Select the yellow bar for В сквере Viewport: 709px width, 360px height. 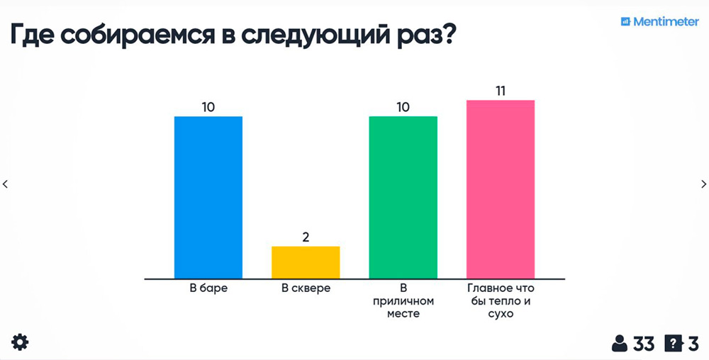(306, 262)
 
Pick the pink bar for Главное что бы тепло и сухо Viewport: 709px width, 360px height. (500, 189)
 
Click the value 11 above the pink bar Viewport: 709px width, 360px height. (500, 91)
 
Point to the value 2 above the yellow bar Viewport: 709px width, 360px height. (306, 237)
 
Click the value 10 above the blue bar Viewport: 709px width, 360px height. (208, 107)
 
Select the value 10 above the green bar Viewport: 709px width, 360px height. (403, 107)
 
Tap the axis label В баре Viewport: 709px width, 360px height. (208, 288)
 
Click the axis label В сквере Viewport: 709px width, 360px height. (306, 288)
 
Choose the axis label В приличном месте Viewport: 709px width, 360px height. (403, 300)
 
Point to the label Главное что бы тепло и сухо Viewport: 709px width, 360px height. (500, 300)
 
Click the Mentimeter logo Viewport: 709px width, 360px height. (659, 22)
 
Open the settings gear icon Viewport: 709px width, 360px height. (20, 343)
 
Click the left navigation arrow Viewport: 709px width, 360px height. (6, 184)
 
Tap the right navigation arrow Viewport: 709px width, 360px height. (703, 184)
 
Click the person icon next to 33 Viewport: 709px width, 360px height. (620, 344)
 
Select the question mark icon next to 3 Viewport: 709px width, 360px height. (672, 344)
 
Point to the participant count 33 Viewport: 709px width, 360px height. (643, 344)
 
